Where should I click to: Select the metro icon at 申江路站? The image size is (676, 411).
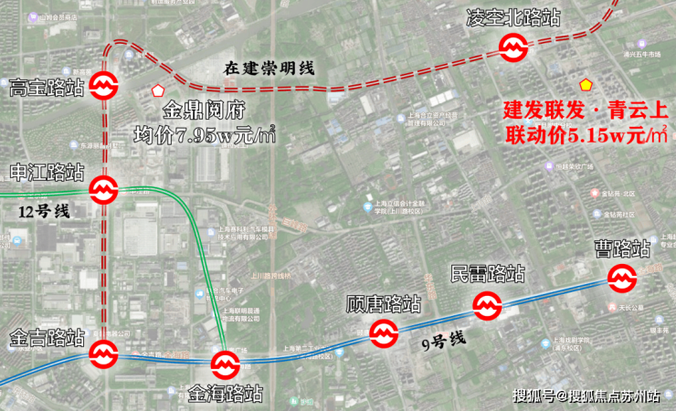103,190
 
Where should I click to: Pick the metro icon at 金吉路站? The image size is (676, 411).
102,353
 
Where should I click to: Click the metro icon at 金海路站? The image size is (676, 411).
226,365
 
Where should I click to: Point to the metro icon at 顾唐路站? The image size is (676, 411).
384,334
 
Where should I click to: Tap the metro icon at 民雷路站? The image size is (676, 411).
486,305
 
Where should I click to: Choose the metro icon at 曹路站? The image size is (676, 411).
623,278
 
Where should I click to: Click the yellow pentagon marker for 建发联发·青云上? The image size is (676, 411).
586,84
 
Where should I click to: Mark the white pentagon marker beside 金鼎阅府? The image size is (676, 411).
157,91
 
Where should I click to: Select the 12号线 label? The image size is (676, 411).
44,211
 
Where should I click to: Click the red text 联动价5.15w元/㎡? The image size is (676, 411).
586,135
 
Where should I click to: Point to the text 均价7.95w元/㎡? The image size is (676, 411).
205,136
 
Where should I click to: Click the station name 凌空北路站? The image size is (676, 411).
513,17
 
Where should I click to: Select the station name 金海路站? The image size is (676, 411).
226,394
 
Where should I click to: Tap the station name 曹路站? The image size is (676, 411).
623,248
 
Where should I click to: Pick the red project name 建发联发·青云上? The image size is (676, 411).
586,111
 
